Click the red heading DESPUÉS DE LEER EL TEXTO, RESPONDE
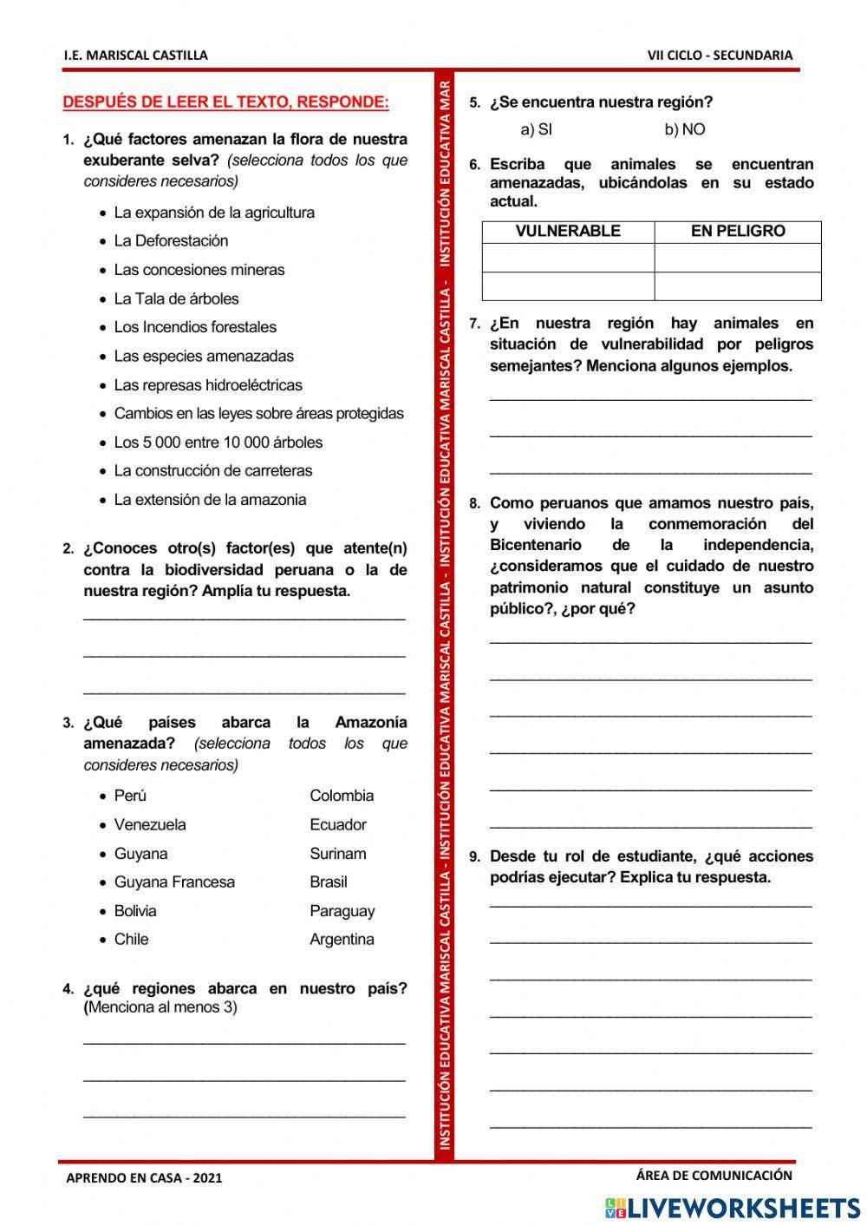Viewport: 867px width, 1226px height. tap(225, 102)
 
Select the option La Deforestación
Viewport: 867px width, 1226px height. tap(171, 241)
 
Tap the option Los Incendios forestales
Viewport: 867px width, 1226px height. tap(195, 327)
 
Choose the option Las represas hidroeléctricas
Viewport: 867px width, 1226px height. tap(208, 385)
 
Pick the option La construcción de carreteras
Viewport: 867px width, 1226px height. tap(212, 471)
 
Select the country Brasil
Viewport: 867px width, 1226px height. tap(328, 882)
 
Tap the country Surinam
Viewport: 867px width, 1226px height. tap(337, 854)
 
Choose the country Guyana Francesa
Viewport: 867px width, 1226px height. tap(174, 882)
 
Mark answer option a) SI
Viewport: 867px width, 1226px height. tap(536, 130)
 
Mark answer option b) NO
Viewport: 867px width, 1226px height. tap(684, 130)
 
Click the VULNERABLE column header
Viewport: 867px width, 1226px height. tap(568, 232)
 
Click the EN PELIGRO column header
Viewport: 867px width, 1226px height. tap(738, 232)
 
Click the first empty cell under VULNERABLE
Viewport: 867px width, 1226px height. tap(568, 258)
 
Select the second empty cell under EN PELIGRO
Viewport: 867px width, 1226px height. tap(738, 286)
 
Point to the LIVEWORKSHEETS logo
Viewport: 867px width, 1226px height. tap(733, 1208)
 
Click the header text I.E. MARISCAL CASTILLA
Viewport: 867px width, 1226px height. tap(135, 56)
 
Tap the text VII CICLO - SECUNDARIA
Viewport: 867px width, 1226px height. tap(720, 56)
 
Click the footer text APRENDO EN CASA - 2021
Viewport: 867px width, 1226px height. tap(144, 1178)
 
